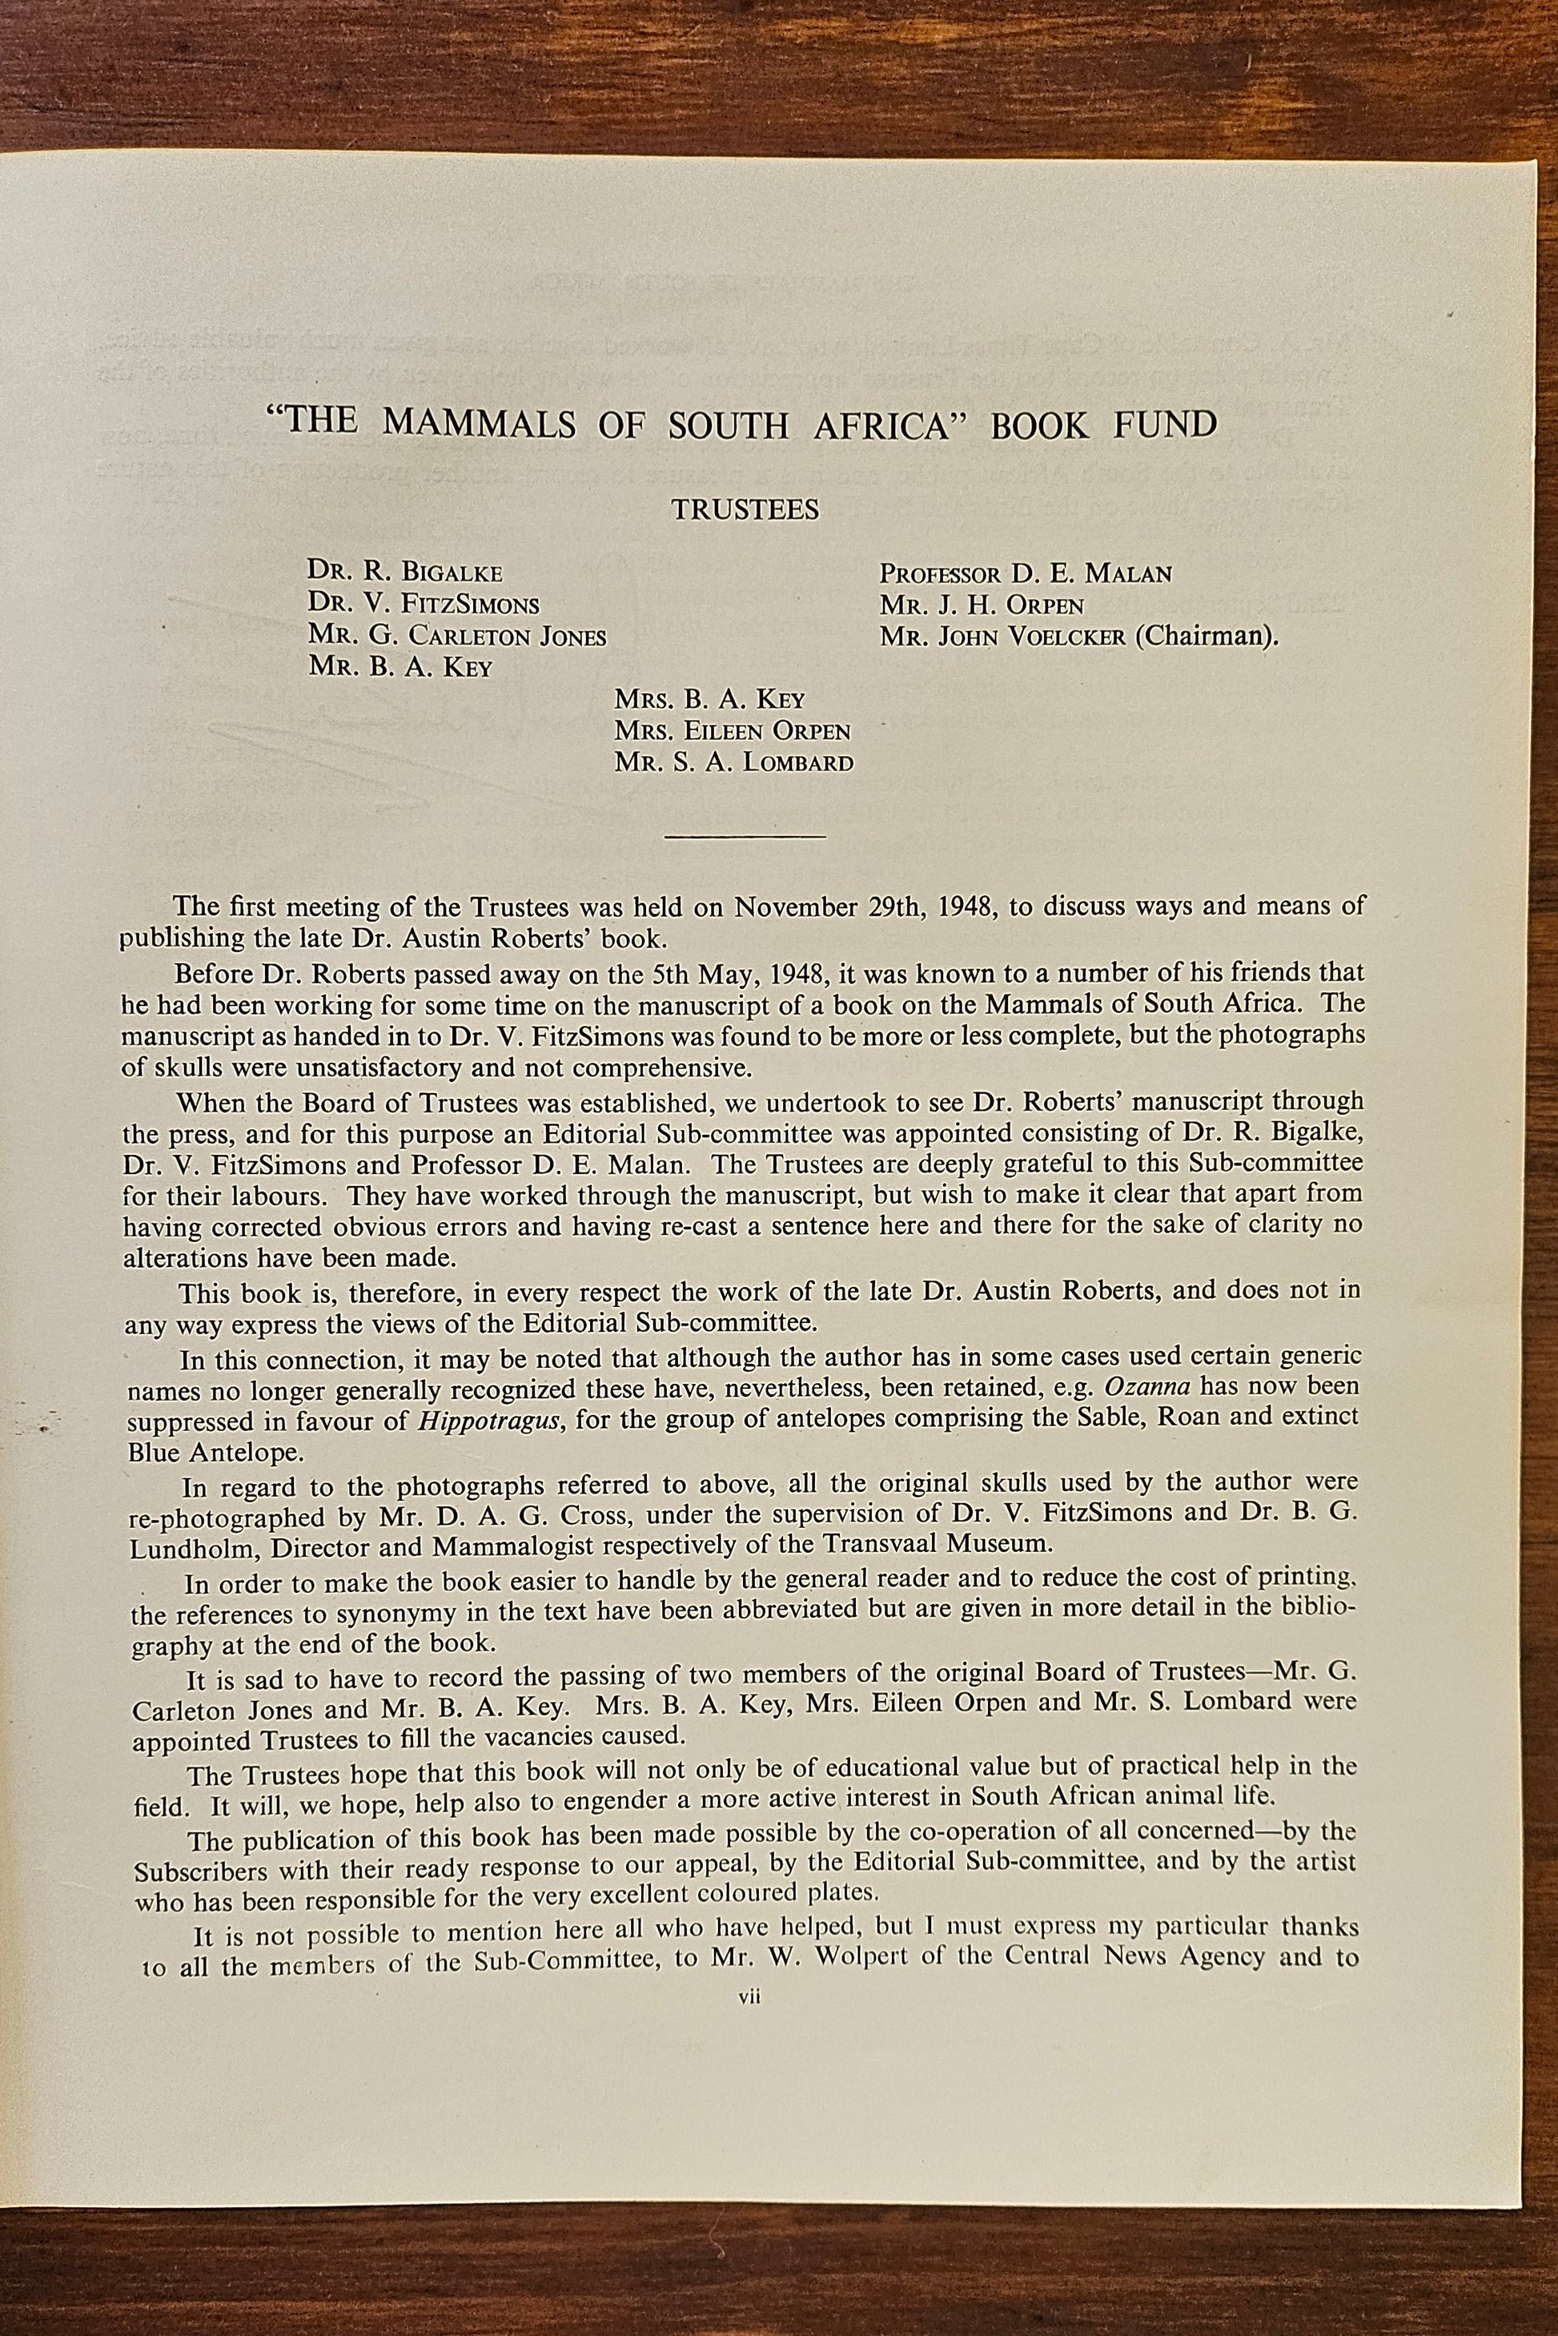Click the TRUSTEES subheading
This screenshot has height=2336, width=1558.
[x=745, y=510]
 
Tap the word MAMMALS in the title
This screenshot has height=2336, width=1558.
[x=479, y=424]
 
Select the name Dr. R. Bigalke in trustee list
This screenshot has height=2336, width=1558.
[x=404, y=573]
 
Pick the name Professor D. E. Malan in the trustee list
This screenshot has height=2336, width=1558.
[x=1025, y=573]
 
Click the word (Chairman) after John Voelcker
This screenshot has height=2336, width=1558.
[x=1205, y=636]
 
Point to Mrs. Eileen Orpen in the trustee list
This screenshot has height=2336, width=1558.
[x=733, y=731]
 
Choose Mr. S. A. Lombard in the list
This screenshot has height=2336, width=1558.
[x=733, y=763]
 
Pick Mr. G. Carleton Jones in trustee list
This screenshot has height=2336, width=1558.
[x=457, y=636]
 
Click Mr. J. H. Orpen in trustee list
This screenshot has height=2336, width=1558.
[x=981, y=605]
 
